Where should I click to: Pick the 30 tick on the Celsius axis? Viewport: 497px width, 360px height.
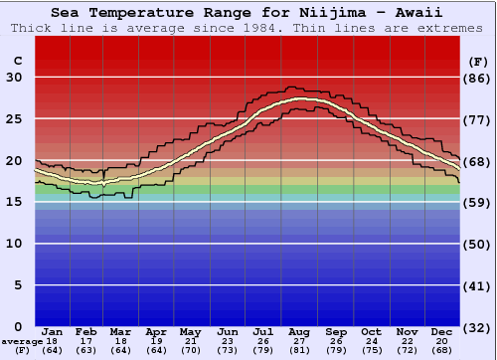coord(14,78)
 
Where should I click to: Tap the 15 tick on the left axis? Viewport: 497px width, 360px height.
coord(14,202)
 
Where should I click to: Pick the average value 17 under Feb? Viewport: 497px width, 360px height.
coord(86,340)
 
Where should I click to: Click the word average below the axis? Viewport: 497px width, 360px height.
coord(21,341)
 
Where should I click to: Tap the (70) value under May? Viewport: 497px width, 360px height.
coord(191,350)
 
